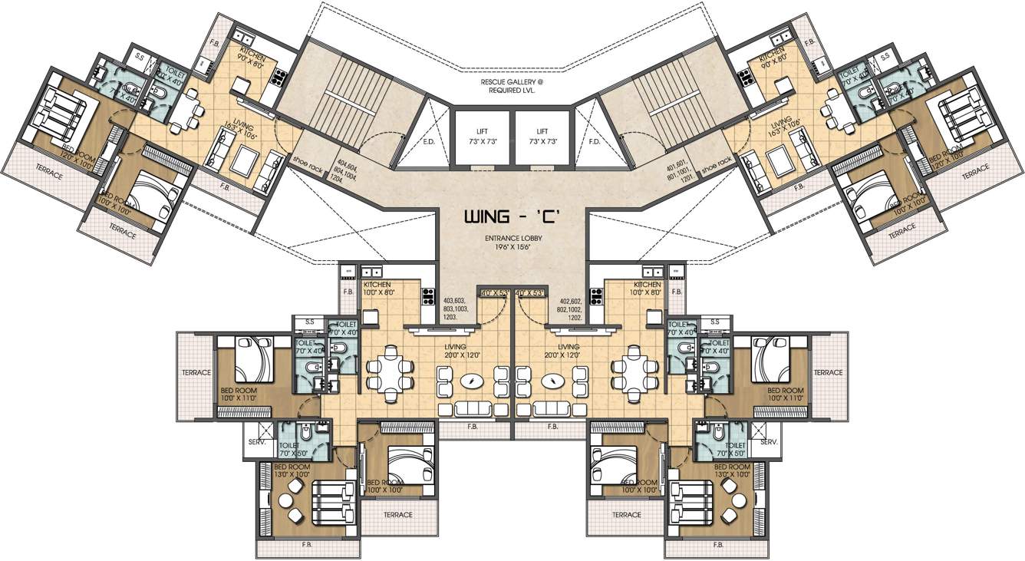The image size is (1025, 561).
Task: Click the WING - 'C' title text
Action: coord(512,218)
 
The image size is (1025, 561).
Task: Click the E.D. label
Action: coord(429,142)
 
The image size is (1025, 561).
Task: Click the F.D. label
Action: coord(594,142)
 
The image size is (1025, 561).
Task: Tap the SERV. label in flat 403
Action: coord(255,444)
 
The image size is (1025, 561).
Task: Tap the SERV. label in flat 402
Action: coord(768,444)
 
